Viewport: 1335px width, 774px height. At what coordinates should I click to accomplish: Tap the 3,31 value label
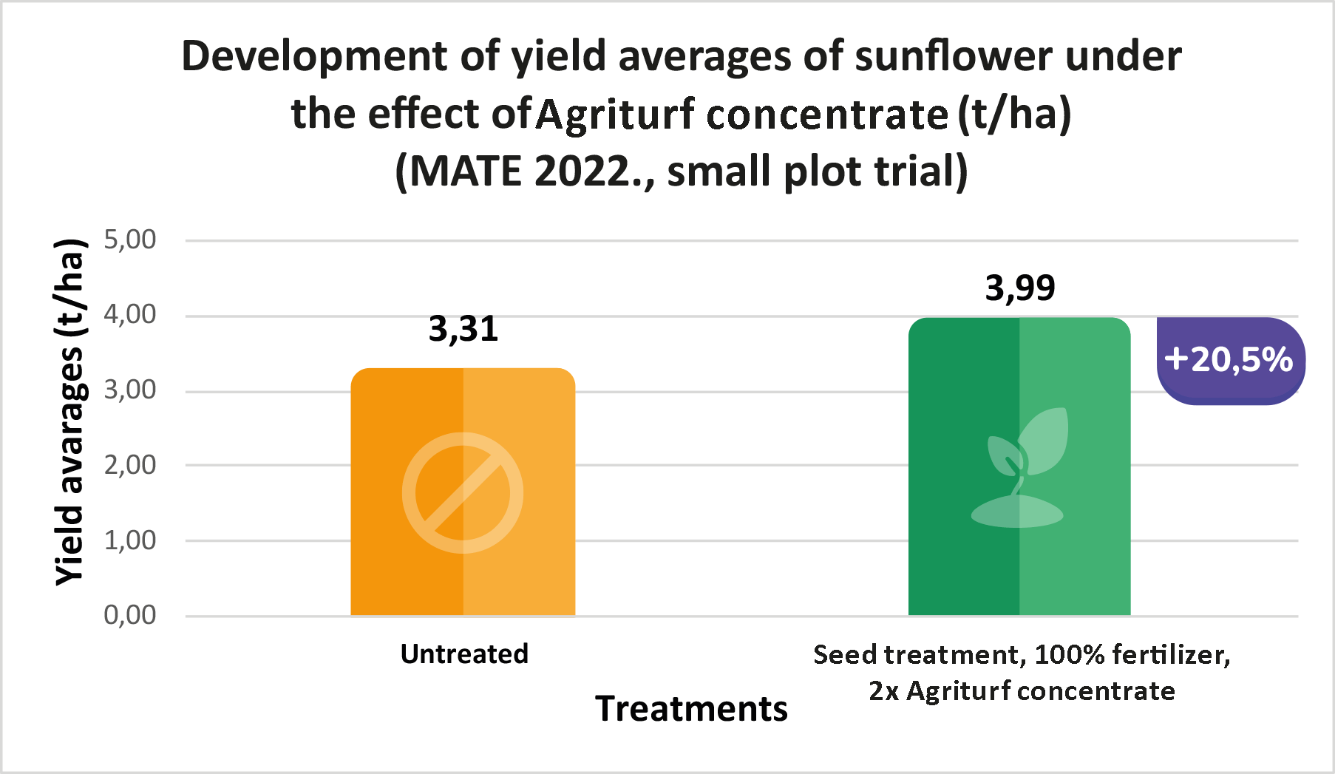(x=463, y=329)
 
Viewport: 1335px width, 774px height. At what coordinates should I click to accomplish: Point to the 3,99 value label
(x=1020, y=288)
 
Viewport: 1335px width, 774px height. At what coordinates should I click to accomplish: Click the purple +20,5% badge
(x=1229, y=360)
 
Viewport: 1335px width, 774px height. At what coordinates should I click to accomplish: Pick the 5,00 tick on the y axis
(x=130, y=240)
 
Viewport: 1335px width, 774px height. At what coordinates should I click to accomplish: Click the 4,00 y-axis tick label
(x=130, y=315)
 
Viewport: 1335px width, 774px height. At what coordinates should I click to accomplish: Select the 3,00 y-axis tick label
(x=130, y=390)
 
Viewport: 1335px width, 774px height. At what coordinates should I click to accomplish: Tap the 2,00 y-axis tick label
(x=130, y=465)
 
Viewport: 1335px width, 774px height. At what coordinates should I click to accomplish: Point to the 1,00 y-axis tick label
(x=130, y=540)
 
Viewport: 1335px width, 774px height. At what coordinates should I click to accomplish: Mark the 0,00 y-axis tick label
(x=130, y=615)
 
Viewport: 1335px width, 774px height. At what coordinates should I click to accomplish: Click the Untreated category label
(x=464, y=654)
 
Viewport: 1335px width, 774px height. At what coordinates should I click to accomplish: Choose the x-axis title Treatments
(x=691, y=709)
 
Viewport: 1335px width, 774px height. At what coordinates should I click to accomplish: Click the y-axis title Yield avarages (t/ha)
(x=70, y=413)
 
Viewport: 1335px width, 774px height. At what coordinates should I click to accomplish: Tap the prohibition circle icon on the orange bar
(x=463, y=493)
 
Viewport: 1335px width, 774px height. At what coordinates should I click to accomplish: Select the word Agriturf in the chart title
(x=616, y=115)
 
